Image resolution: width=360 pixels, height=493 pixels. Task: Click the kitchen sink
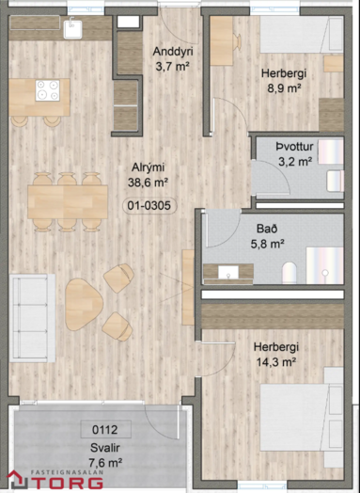tap(72, 29)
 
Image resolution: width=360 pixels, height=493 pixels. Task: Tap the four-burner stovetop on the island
tap(47, 90)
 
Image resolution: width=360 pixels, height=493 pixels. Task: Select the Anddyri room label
tap(173, 52)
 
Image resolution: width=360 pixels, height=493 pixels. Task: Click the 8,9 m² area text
tap(284, 88)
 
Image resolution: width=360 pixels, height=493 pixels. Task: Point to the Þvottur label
tap(294, 147)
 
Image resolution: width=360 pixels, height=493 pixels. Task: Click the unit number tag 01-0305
tap(149, 206)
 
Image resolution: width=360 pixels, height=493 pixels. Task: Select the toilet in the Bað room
tap(290, 273)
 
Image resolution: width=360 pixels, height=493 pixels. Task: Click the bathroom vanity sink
tap(228, 272)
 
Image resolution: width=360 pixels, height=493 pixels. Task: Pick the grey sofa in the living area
tap(32, 318)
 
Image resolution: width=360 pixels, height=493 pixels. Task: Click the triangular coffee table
tap(84, 304)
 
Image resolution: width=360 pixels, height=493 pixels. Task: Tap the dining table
tap(68, 202)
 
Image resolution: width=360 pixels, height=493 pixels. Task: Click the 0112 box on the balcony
tap(105, 429)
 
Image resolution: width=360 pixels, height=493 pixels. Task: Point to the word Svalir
tap(105, 448)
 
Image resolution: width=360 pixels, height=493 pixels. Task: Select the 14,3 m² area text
tap(276, 362)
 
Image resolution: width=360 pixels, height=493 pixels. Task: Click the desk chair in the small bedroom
tap(238, 41)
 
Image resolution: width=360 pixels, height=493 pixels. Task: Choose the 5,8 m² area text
tap(267, 244)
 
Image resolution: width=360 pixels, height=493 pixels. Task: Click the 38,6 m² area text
tap(148, 183)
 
